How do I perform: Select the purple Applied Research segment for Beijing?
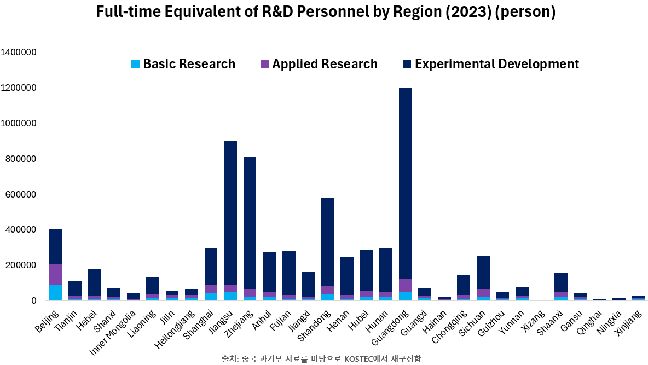click(x=56, y=274)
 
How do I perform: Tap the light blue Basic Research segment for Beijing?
click(x=56, y=292)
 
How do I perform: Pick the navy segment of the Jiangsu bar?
click(x=231, y=213)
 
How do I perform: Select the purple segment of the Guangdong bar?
click(x=406, y=285)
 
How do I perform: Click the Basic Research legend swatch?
click(x=135, y=64)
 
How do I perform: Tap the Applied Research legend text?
click(x=325, y=64)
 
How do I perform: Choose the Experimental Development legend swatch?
click(x=406, y=64)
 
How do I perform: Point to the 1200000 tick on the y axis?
click(x=19, y=88)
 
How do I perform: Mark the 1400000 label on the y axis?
click(x=19, y=53)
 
